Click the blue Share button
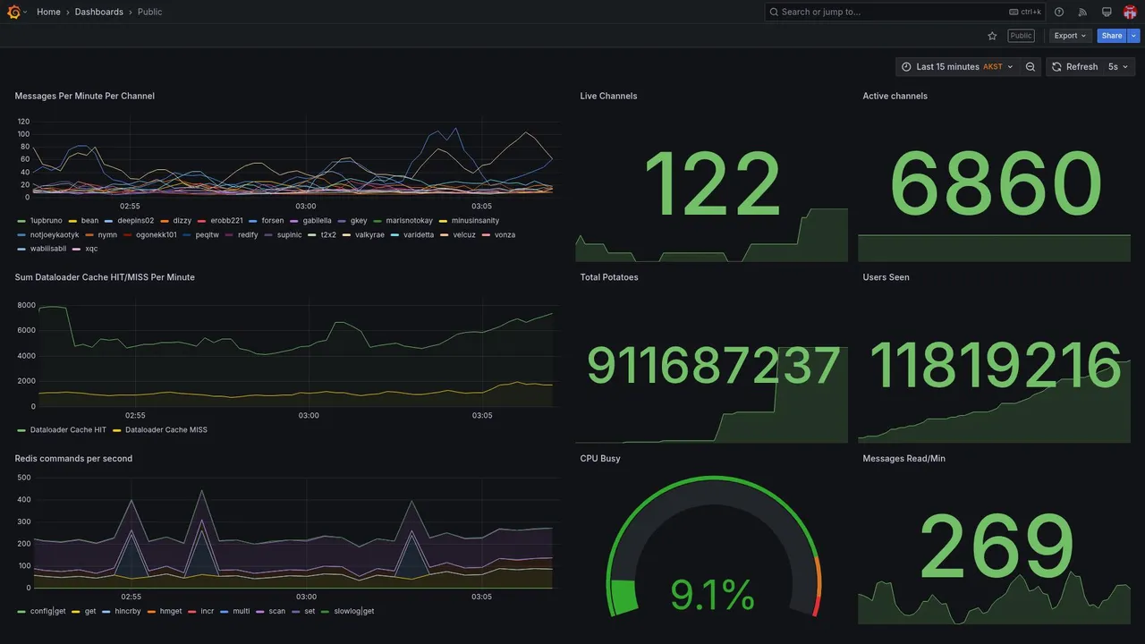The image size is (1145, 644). pos(1111,36)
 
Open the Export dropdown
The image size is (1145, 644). pos(1070,36)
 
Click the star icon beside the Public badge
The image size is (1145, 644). pos(992,36)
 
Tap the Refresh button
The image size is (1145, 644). pos(1074,67)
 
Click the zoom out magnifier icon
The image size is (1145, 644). pos(1030,67)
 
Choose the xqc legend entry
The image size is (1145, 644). pos(91,249)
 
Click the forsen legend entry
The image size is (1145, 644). pos(272,220)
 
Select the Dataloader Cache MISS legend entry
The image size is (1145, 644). pos(165,430)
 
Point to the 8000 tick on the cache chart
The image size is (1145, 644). pos(26,305)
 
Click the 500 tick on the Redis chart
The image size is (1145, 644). pos(24,478)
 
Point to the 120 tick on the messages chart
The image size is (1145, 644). pos(23,122)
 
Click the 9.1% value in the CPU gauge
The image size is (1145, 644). pos(712,595)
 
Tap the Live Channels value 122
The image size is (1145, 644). pos(712,186)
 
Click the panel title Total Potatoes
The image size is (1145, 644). pos(609,277)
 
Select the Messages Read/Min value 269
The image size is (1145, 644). pos(997,547)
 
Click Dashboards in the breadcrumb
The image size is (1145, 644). pos(99,12)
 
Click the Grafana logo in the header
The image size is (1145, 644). pos(13,12)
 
